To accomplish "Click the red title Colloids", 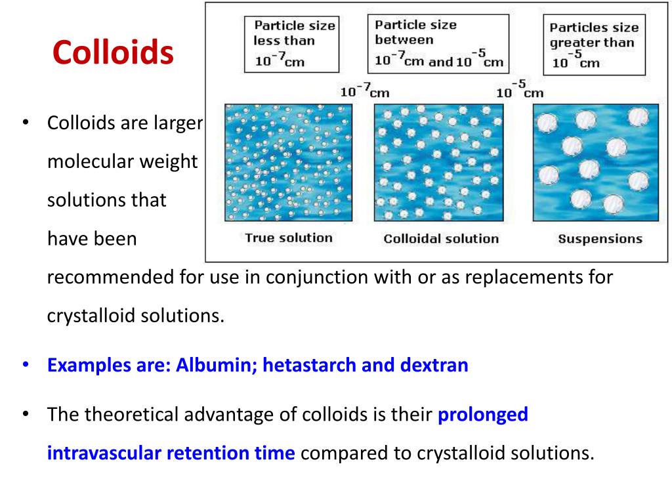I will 113,52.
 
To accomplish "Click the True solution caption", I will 289,238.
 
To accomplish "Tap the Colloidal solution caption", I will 441,239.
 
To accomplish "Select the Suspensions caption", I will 600,239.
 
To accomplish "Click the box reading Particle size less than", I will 291,44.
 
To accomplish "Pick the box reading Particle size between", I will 438,43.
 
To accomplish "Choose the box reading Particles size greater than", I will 594,45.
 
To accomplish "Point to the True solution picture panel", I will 289,163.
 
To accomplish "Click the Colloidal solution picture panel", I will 438,163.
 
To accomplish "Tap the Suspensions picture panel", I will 595,163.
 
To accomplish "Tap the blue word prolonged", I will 482,415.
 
